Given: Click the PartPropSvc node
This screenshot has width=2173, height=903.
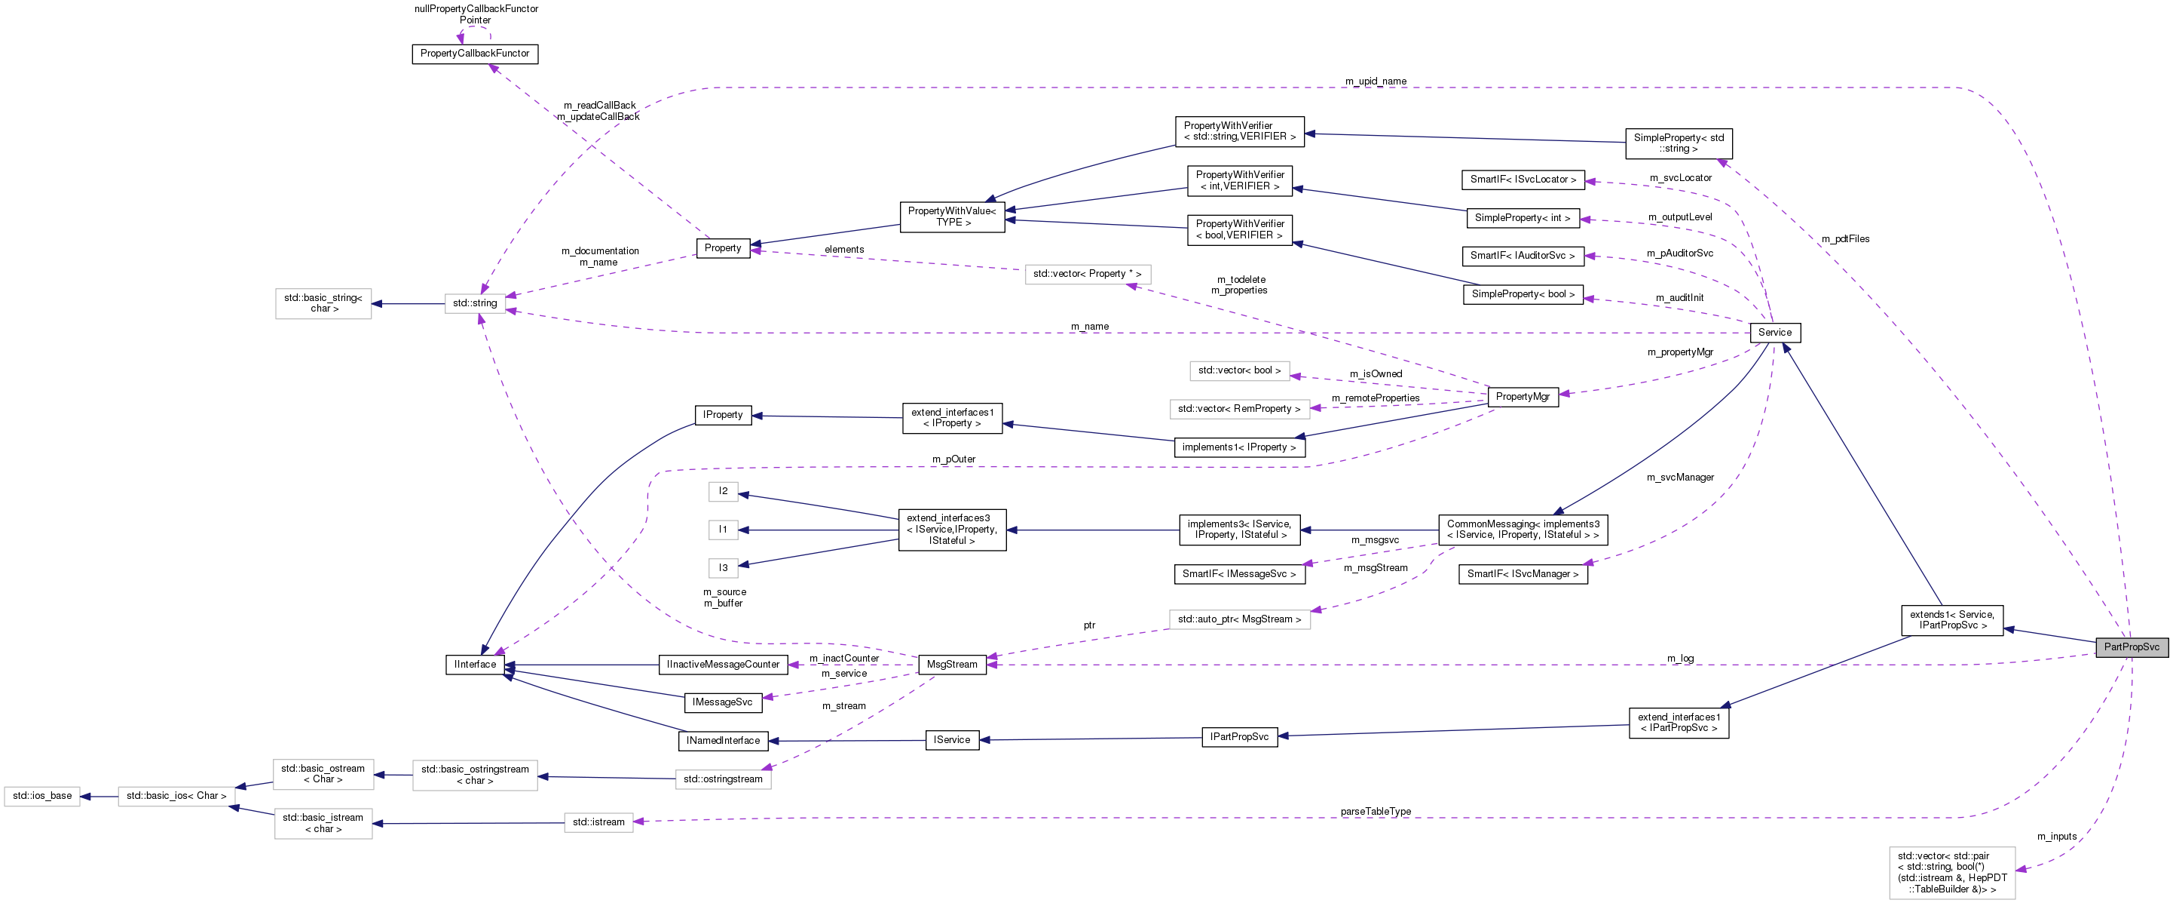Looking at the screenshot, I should [x=2131, y=647].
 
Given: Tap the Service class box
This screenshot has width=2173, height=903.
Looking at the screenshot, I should [x=1775, y=333].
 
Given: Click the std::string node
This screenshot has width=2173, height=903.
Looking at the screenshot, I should [x=475, y=303].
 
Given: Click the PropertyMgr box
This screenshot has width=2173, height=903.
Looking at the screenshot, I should [x=1522, y=397].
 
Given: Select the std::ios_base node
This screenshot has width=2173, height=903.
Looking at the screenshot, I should [x=42, y=796].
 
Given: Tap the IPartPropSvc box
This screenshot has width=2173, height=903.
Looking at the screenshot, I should [x=1238, y=737].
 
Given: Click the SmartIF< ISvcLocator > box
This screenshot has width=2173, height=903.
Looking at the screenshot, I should [x=1522, y=180].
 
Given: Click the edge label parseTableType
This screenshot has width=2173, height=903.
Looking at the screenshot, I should [x=1375, y=812].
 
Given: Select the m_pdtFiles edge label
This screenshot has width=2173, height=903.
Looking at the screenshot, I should [x=1845, y=240].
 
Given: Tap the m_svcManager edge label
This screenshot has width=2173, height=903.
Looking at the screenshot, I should [x=1679, y=478].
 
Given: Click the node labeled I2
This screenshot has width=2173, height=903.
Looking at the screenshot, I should [x=723, y=491].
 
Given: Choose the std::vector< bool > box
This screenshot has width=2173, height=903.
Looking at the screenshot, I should [x=1238, y=370].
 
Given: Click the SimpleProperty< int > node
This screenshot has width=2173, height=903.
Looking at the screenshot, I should [x=1522, y=218].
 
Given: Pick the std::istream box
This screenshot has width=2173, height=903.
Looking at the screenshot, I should [x=598, y=822].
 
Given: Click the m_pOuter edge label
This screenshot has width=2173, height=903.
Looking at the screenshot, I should [x=953, y=460].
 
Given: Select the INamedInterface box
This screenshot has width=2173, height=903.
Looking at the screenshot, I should [x=723, y=741].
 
